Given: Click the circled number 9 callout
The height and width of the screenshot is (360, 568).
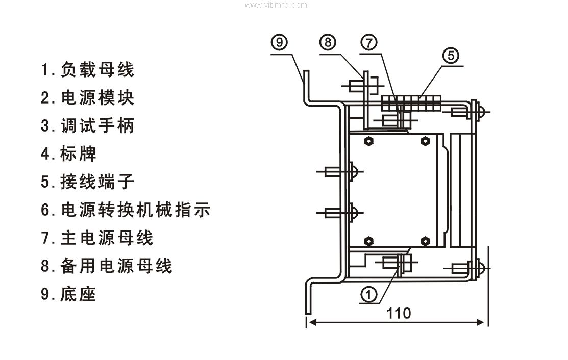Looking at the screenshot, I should click(280, 42).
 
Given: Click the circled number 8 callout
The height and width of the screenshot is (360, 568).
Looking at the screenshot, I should click(329, 41).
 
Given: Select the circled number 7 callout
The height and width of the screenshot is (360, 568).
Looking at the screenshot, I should click(369, 42).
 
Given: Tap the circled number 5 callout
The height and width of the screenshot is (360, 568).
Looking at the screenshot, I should click(450, 55).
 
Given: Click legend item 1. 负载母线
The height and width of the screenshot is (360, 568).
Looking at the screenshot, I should click(88, 69).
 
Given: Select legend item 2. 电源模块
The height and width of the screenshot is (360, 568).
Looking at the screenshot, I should click(88, 97).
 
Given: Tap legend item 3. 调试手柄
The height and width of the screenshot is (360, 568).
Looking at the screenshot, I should click(88, 125).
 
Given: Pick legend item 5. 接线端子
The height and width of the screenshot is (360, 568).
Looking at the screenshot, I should click(88, 182).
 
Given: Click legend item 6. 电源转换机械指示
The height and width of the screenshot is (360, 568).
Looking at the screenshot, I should click(126, 210).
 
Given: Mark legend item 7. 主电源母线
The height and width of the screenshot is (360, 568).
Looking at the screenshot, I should click(97, 238).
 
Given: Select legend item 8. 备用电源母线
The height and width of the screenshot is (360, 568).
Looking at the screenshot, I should click(107, 266).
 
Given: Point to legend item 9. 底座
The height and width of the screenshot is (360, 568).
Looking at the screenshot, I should click(69, 294).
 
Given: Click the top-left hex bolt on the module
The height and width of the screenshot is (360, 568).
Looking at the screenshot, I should click(368, 140).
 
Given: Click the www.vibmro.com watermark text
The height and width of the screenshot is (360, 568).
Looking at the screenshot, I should click(276, 5).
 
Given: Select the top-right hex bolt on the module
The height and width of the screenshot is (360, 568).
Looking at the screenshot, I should click(424, 140).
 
